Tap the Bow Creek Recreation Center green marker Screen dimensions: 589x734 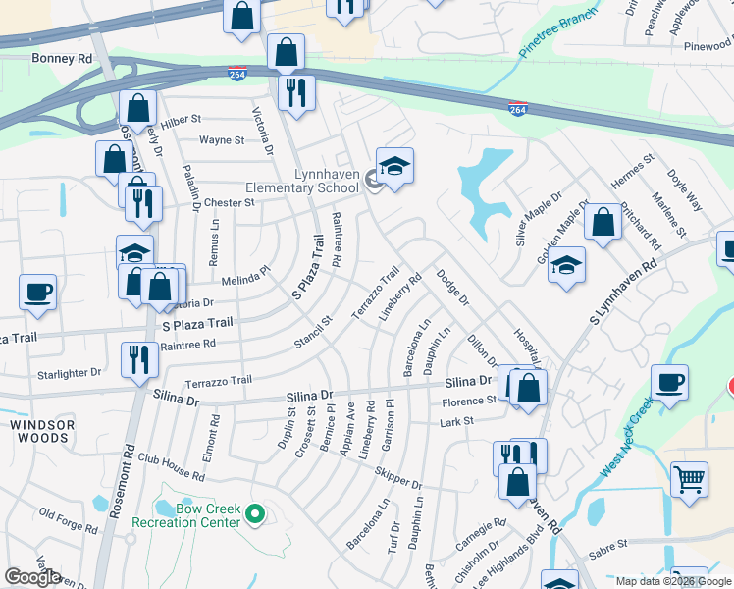[255, 513]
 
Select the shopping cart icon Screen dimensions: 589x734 [690, 480]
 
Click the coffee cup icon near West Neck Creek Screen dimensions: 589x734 [669, 382]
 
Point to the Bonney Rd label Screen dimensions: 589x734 [61, 59]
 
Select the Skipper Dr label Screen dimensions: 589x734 [396, 477]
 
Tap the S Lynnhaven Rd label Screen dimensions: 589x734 [621, 294]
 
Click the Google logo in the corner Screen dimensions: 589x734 [32, 577]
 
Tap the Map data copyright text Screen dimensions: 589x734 [673, 581]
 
